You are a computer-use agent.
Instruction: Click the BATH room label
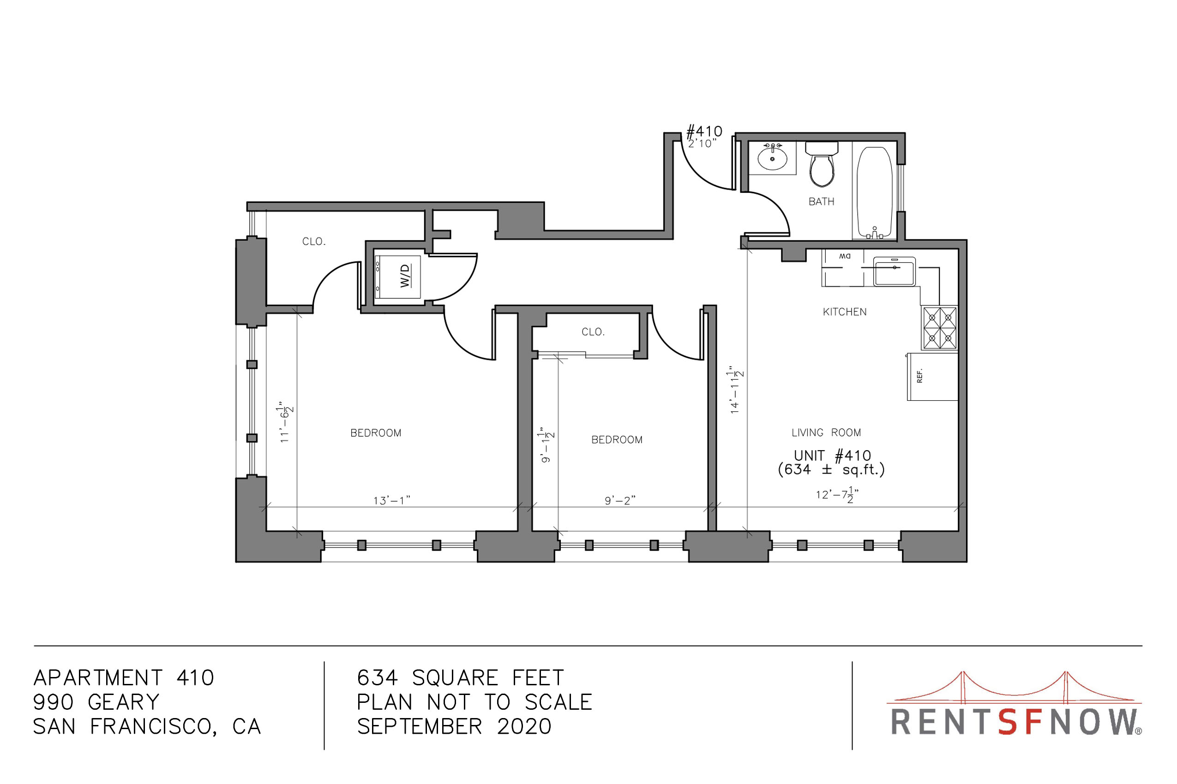pyautogui.click(x=821, y=202)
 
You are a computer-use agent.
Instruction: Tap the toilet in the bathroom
pyautogui.click(x=821, y=164)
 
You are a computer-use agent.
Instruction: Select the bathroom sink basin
pyautogui.click(x=772, y=158)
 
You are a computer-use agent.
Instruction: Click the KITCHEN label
pyautogui.click(x=845, y=312)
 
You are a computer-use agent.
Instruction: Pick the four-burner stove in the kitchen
pyautogui.click(x=940, y=327)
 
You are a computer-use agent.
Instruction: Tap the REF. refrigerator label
pyautogui.click(x=919, y=375)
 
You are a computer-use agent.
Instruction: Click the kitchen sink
pyautogui.click(x=894, y=272)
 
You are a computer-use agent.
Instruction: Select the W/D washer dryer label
pyautogui.click(x=405, y=275)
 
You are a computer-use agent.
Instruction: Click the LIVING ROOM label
pyautogui.click(x=826, y=433)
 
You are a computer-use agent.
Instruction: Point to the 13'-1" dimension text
pyautogui.click(x=392, y=500)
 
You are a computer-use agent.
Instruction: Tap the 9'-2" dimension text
pyautogui.click(x=620, y=500)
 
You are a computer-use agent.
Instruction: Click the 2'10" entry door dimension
pyautogui.click(x=702, y=143)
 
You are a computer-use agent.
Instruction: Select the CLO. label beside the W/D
pyautogui.click(x=314, y=242)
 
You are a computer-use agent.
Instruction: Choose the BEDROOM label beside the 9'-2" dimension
pyautogui.click(x=617, y=440)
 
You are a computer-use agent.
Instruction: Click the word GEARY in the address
pyautogui.click(x=124, y=702)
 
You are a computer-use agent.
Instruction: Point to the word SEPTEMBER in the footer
pyautogui.click(x=420, y=726)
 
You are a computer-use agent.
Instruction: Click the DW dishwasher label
pyautogui.click(x=845, y=256)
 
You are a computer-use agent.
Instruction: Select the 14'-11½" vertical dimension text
pyautogui.click(x=735, y=390)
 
